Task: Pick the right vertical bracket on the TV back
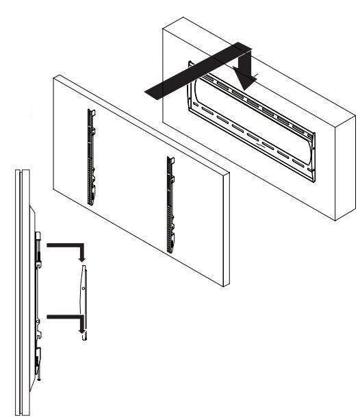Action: pos(170,206)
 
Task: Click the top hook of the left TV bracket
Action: pos(90,112)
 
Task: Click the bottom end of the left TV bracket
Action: pos(90,201)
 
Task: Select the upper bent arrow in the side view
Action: pos(66,246)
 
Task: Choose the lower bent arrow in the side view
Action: pos(66,319)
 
